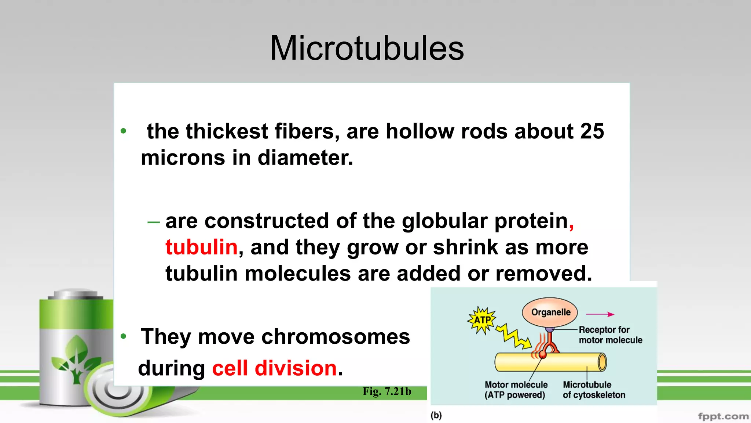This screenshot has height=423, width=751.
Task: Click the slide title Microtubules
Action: (x=367, y=48)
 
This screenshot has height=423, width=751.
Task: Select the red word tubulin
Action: (x=201, y=247)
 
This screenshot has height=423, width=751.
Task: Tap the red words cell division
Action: (x=274, y=368)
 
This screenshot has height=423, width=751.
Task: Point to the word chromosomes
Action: (x=304, y=336)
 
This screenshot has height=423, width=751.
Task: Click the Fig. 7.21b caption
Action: (x=387, y=391)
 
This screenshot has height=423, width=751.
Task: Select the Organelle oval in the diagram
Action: (x=550, y=312)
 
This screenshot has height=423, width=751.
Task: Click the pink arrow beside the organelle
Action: (x=600, y=314)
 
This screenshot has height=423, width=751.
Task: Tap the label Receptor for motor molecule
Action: (x=610, y=335)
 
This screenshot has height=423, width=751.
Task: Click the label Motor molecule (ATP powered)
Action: (x=516, y=390)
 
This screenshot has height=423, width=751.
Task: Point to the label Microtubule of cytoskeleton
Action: (x=593, y=390)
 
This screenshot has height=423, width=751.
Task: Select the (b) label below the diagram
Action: (x=436, y=415)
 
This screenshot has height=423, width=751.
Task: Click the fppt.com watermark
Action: (x=723, y=416)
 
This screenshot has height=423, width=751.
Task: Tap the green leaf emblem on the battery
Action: (x=76, y=358)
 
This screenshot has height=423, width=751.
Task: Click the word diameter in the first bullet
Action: (x=305, y=158)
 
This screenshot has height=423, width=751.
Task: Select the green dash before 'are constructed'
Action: (x=153, y=222)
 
